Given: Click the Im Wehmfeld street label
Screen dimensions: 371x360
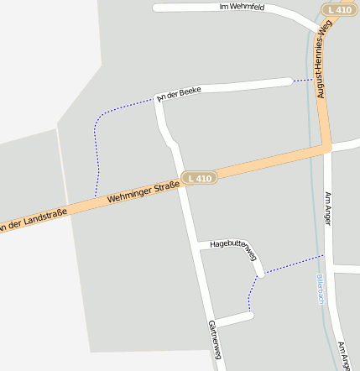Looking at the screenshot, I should [x=241, y=7].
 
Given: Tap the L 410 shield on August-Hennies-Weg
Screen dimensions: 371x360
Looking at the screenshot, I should [x=337, y=9].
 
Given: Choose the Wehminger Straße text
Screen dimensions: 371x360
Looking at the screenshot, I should [x=143, y=193].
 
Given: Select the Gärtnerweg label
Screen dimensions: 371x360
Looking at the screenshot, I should [x=214, y=341].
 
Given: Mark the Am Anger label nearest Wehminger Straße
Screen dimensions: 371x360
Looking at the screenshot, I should [x=328, y=208].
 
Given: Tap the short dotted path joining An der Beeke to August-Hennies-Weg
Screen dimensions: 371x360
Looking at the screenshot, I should [x=303, y=81].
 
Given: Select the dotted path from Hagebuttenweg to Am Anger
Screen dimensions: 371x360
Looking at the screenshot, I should [x=294, y=264].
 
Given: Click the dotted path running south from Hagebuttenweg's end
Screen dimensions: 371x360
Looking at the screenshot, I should [x=250, y=294].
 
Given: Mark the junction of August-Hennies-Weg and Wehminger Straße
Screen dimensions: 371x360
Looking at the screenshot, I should [x=327, y=148].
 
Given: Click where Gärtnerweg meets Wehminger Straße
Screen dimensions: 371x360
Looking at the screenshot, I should [x=181, y=182].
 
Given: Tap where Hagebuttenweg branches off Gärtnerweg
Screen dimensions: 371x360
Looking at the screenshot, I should [x=200, y=244].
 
